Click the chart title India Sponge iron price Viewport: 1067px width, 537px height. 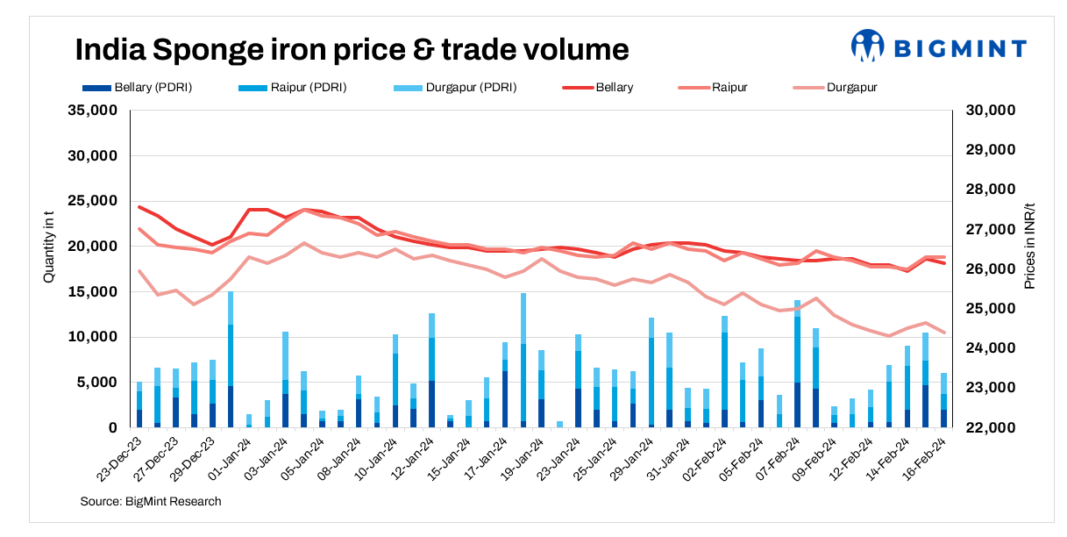pyautogui.click(x=352, y=49)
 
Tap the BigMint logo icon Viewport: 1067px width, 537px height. pyautogui.click(x=868, y=46)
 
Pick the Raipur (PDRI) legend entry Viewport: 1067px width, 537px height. pyautogui.click(x=294, y=88)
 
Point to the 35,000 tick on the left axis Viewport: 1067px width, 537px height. pyautogui.click(x=92, y=111)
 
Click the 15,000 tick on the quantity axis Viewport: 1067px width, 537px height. pyautogui.click(x=92, y=292)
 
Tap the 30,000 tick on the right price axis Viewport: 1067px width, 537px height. pyautogui.click(x=990, y=111)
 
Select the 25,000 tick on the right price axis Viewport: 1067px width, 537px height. pyautogui.click(x=990, y=309)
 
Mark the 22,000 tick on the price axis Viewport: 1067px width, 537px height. pyautogui.click(x=990, y=428)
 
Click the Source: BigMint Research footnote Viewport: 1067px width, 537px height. pyautogui.click(x=151, y=501)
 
